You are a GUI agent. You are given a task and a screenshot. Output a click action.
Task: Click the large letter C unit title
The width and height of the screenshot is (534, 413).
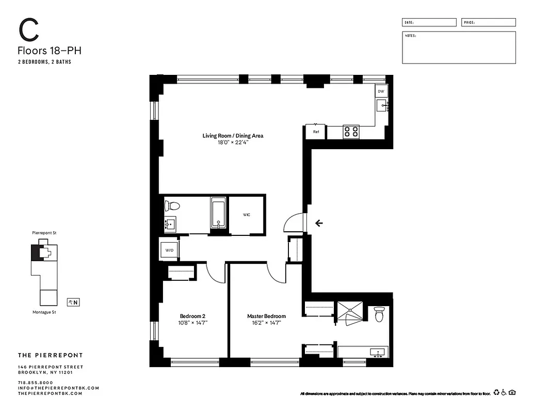[x=29, y=30]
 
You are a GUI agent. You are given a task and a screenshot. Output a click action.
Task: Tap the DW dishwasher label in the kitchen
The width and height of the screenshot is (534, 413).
[x=381, y=91]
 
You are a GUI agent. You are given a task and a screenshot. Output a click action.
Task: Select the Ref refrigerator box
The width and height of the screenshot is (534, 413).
[x=316, y=132]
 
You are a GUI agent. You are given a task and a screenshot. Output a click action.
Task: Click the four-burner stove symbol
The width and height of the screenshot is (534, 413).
[x=351, y=132]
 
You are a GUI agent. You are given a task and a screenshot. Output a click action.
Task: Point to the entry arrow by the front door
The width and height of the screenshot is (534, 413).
[x=319, y=223]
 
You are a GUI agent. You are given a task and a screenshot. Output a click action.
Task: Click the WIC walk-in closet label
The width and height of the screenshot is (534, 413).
[x=247, y=214]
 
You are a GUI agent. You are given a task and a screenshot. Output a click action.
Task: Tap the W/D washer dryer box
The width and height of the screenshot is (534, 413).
[x=169, y=250]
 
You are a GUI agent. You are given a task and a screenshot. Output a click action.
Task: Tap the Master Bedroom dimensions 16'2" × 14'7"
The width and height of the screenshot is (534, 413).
[x=266, y=323]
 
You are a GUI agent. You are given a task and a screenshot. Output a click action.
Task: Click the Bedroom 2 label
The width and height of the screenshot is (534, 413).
[x=193, y=316]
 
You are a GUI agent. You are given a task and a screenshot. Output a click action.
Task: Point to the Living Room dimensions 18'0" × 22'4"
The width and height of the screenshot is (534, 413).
[x=233, y=143]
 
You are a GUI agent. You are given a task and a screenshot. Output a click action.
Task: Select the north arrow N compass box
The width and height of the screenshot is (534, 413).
[x=72, y=302]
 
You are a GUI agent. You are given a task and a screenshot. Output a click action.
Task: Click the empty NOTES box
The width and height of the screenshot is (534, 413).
[x=459, y=47]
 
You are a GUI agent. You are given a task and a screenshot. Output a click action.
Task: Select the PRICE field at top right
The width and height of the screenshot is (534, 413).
[x=488, y=23]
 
